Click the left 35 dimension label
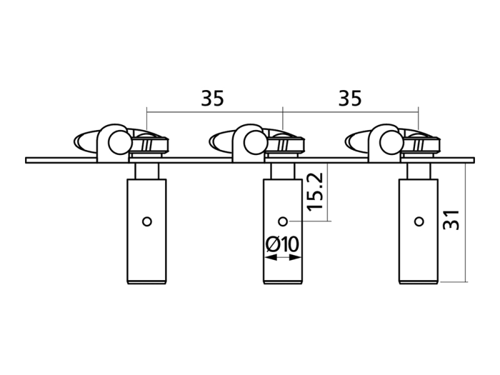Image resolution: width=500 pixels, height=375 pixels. click(212, 98)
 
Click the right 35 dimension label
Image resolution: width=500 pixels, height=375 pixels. click(350, 98)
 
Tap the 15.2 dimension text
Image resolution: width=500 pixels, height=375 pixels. click(315, 192)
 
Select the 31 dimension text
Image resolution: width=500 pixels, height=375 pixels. click(451, 220)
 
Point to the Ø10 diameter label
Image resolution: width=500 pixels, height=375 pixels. click(282, 244)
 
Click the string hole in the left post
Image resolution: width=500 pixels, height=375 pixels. click(147, 221)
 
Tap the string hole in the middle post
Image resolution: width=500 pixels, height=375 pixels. click(283, 221)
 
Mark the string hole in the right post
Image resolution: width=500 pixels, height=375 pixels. click(419, 221)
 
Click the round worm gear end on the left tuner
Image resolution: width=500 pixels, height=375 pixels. click(120, 143)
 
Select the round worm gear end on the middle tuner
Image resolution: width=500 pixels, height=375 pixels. click(256, 143)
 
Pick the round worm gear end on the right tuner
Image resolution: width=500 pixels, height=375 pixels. click(391, 143)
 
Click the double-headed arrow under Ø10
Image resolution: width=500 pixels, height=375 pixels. click(282, 257)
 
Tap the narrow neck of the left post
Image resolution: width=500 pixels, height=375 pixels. click(147, 171)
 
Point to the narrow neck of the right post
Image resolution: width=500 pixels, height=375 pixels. click(419, 171)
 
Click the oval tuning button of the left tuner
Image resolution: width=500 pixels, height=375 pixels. click(86, 141)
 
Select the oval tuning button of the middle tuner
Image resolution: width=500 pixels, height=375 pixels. click(222, 141)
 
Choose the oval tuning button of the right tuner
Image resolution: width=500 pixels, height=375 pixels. click(357, 141)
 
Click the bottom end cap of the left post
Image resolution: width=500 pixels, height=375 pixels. click(147, 282)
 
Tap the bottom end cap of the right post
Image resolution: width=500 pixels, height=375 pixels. click(419, 282)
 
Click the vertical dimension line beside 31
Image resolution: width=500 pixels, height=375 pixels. click(466, 222)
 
